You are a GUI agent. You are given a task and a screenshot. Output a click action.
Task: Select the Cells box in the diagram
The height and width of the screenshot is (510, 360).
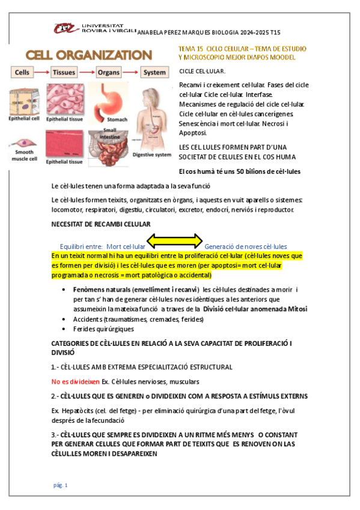22,73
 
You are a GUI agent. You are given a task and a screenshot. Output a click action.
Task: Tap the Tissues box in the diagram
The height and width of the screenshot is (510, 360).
64,73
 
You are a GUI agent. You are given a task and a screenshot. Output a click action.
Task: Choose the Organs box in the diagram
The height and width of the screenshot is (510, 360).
110,73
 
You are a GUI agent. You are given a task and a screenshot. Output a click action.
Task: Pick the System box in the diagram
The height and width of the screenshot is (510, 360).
154,73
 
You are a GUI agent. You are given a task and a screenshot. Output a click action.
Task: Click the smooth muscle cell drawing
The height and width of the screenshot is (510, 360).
23,146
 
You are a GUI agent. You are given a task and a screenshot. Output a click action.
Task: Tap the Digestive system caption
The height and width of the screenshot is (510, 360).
151,155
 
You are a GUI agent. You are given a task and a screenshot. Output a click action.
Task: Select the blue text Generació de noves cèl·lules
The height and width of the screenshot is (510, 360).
245,247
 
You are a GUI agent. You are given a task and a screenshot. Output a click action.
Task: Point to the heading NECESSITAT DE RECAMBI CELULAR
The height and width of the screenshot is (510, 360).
101,224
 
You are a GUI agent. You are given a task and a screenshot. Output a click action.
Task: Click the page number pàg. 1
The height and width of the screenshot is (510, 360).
61,485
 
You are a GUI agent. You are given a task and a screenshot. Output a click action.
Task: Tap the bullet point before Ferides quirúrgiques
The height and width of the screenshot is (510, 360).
66,329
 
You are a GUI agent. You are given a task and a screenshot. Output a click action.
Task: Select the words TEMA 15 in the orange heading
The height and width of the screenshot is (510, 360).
191,48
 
